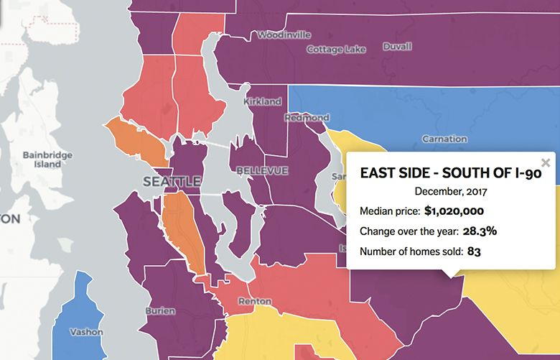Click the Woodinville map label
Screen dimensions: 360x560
[284, 34]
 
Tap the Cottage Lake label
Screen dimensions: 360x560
[336, 50]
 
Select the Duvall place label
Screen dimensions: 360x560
[397, 47]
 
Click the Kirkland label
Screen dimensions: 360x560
[262, 102]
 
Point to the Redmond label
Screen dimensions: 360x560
[307, 117]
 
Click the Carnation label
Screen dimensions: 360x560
[444, 138]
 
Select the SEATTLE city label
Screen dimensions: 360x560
[172, 182]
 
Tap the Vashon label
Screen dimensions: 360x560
[86, 332]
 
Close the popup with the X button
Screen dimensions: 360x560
[546, 162]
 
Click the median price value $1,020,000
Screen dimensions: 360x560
[454, 211]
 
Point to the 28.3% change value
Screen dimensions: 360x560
[479, 231]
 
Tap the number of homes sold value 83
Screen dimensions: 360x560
[475, 251]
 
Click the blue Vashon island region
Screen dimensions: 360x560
[75, 309]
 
